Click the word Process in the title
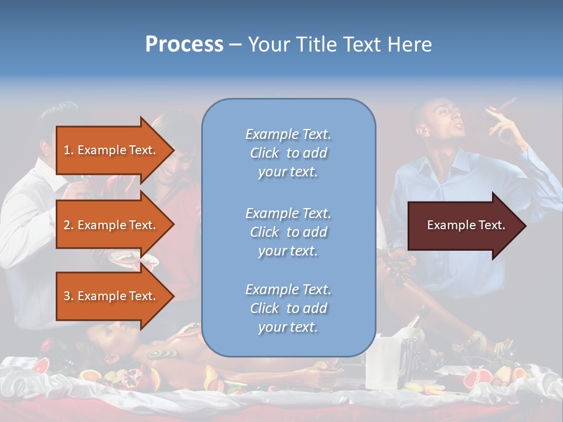point(184,45)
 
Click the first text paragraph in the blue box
point(288,153)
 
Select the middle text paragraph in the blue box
point(288,232)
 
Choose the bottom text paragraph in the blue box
point(288,308)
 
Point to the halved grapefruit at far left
point(40,366)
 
